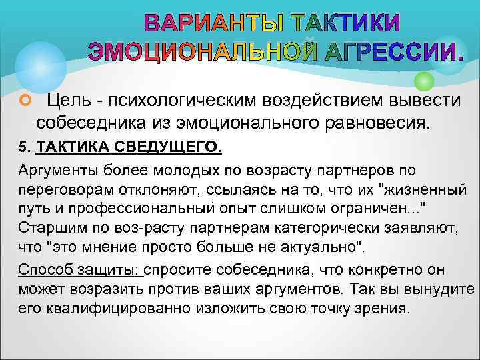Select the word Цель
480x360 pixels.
(67, 101)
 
